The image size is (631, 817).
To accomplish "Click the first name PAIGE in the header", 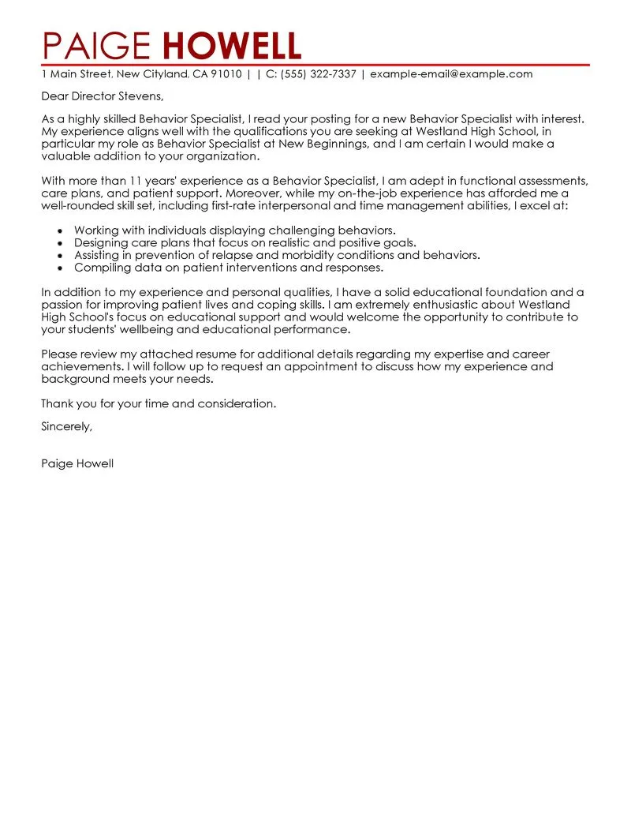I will coord(94,47).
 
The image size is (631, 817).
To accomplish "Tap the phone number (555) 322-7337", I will coord(319,74).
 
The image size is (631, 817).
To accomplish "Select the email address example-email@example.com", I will coord(451,74).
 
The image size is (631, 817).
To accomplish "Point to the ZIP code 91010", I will coord(226,74).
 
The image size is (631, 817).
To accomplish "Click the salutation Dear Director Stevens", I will coord(103,96).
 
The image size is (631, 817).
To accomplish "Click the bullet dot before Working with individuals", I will coord(60,230).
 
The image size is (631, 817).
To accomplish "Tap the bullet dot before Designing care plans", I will coord(60,243).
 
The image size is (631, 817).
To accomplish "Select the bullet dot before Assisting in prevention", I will coord(60,256).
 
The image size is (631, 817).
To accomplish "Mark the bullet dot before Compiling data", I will coord(60,268).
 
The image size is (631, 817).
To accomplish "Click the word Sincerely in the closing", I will coord(66,426).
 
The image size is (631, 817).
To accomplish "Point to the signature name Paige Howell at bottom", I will coord(77,464).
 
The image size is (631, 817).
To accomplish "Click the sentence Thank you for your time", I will coord(159,404).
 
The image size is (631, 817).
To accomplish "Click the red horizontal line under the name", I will coord(315,64).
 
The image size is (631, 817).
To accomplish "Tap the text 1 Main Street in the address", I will coord(76,74).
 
